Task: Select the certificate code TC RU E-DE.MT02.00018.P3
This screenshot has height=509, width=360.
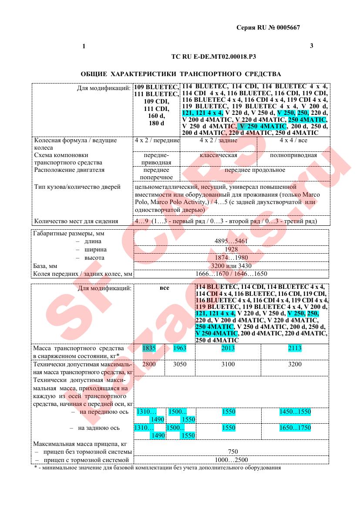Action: pyautogui.click(x=214, y=57)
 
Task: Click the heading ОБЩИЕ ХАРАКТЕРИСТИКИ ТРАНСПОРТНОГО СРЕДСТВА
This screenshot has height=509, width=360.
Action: pyautogui.click(x=181, y=74)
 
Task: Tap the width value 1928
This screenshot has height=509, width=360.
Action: pyautogui.click(x=231, y=249)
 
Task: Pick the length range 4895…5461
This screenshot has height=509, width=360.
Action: pyautogui.click(x=231, y=241)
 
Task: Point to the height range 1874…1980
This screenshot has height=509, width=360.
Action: pyautogui.click(x=231, y=258)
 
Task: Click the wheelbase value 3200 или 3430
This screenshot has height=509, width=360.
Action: pyautogui.click(x=231, y=265)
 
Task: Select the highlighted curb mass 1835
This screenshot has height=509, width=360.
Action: pyautogui.click(x=149, y=348)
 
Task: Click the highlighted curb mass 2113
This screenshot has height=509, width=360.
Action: pyautogui.click(x=295, y=348)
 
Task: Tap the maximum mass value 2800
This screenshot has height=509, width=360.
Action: pyautogui.click(x=149, y=365)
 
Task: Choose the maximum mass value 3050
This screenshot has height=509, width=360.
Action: pyautogui.click(x=180, y=365)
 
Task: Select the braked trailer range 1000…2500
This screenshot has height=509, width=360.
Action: pyautogui.click(x=231, y=460)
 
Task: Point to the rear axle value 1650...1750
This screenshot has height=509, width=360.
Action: pyautogui.click(x=295, y=428)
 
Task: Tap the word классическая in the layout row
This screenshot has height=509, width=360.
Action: pyautogui.click(x=219, y=155)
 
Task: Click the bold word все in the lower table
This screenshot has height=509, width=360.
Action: pyautogui.click(x=164, y=288)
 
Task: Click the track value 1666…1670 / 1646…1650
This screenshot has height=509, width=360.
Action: pyautogui.click(x=231, y=274)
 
